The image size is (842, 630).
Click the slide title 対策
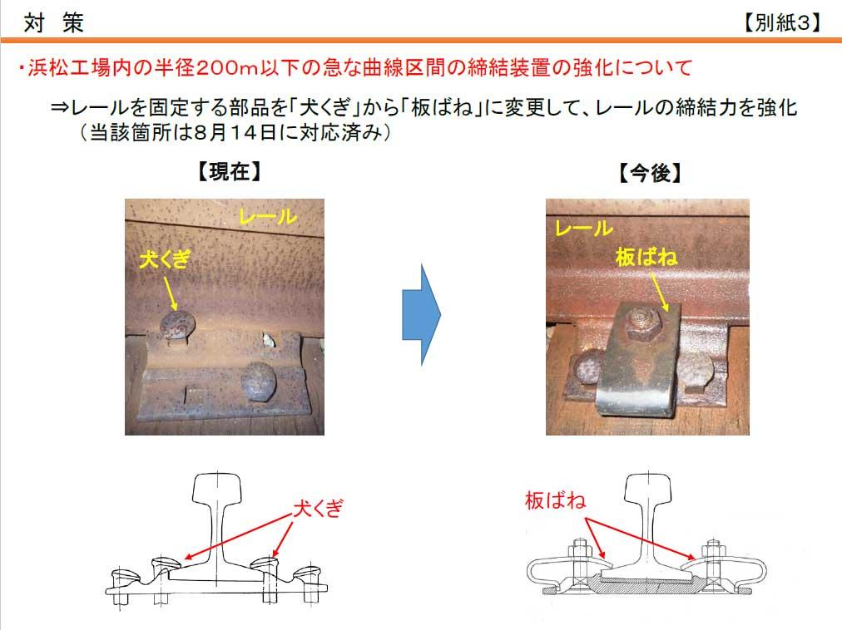(x=54, y=22)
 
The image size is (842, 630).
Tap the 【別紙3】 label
(x=782, y=22)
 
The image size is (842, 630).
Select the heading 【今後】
(x=650, y=173)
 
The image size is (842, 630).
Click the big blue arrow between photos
(x=422, y=314)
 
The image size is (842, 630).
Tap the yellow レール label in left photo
(x=267, y=217)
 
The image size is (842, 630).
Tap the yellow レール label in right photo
(x=584, y=228)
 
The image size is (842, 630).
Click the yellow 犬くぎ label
(x=165, y=259)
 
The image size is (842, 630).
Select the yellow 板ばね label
(x=646, y=257)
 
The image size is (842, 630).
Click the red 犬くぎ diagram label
(x=318, y=508)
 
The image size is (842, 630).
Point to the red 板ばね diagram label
(x=555, y=500)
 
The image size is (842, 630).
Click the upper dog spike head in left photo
(x=177, y=325)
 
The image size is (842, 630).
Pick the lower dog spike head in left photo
(x=258, y=381)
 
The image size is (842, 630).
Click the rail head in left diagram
(x=217, y=487)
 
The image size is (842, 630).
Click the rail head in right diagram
(x=648, y=487)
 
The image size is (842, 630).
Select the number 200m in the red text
(x=227, y=68)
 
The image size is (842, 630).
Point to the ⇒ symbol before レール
(x=60, y=108)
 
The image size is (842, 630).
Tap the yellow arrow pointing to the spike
(x=171, y=293)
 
